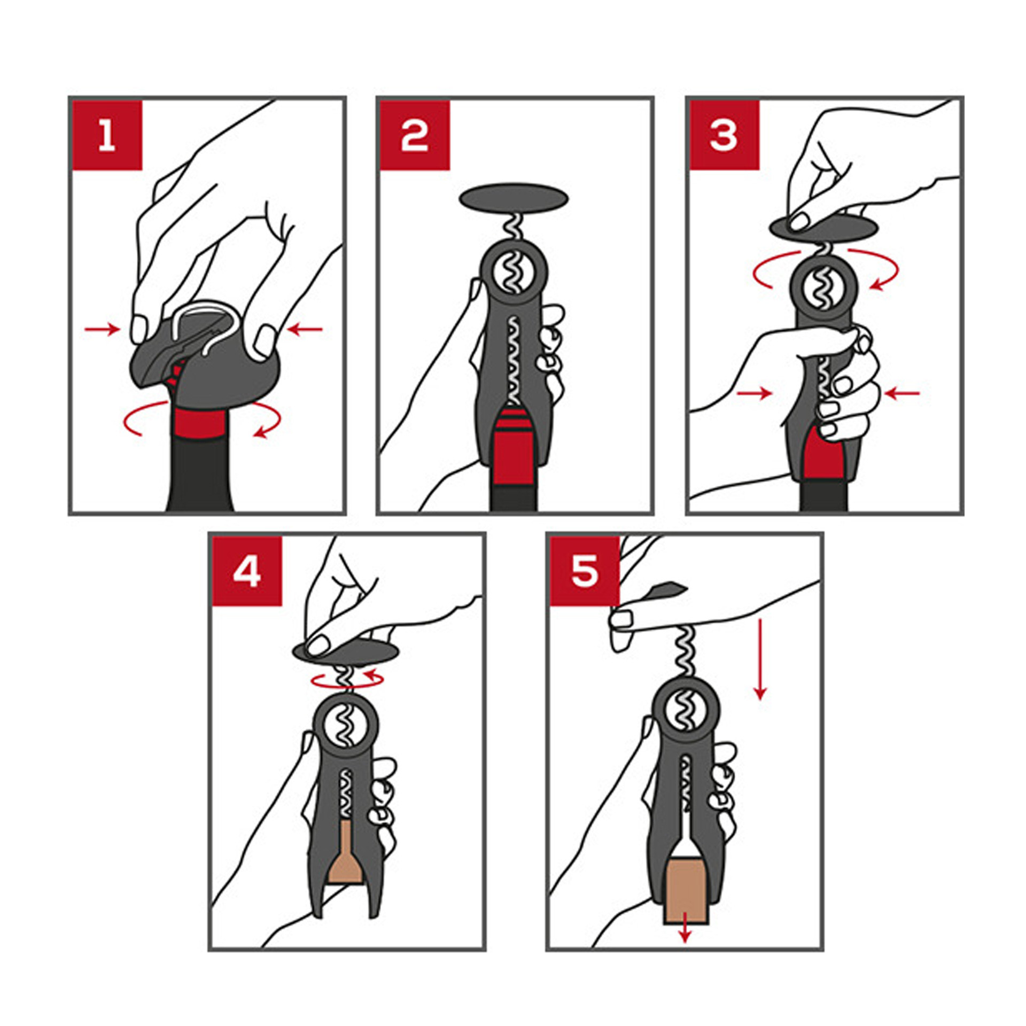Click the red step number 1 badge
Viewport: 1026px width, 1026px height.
(x=107, y=135)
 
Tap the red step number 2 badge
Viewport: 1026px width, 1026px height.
(x=415, y=135)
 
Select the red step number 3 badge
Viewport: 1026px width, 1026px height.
(x=724, y=135)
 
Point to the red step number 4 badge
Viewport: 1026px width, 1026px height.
(x=247, y=571)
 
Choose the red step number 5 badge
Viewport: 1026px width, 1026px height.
(x=585, y=571)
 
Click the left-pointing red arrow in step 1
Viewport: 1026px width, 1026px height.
(x=305, y=330)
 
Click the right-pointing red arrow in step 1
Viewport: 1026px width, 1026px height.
(x=102, y=329)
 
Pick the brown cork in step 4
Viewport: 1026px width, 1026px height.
(x=346, y=852)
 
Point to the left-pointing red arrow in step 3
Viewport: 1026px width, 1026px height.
(x=902, y=393)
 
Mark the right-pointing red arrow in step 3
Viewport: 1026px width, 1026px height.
(x=755, y=393)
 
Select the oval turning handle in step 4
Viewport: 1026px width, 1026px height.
(x=346, y=651)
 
